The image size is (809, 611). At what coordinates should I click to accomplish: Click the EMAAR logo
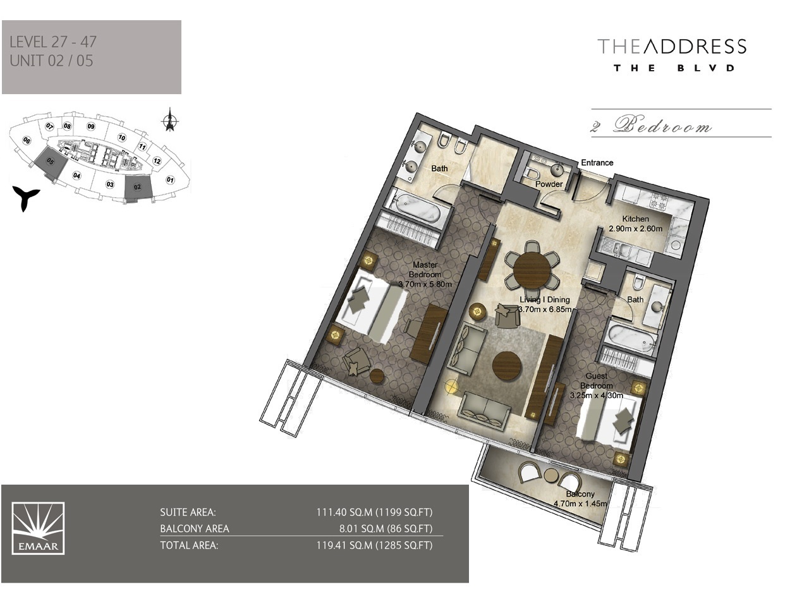[x=38, y=528]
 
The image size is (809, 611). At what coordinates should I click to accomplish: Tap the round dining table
[x=532, y=270]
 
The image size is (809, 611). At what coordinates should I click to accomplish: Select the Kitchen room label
[x=635, y=219]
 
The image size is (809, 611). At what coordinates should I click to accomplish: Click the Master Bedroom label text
[x=425, y=270]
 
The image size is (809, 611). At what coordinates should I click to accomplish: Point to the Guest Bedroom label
[x=596, y=380]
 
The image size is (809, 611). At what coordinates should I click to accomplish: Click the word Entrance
[x=597, y=162]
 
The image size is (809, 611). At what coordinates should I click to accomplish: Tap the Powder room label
[x=549, y=184]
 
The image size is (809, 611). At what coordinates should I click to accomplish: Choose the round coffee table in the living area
[x=507, y=366]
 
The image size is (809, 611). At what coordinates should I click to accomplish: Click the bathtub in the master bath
[x=415, y=206]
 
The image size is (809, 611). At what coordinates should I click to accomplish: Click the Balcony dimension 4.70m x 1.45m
[x=580, y=504]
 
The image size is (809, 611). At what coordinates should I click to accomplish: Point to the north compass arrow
[x=169, y=120]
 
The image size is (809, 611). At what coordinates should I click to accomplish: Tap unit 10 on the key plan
[x=122, y=137]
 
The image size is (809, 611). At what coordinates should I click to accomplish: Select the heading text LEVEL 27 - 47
[x=53, y=42]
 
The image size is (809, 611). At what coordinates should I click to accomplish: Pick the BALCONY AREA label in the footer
[x=195, y=528]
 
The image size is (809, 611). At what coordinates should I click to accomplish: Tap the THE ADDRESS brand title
[x=672, y=46]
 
